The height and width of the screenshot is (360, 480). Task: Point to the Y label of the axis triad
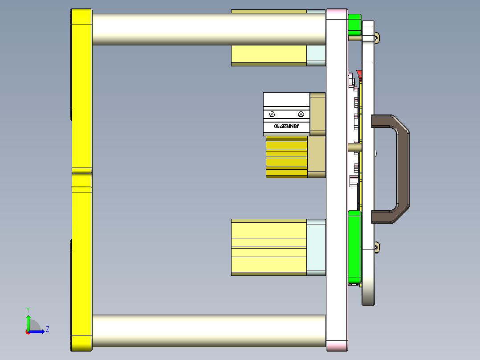[x=28, y=309]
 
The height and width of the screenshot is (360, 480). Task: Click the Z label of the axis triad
[x=47, y=329]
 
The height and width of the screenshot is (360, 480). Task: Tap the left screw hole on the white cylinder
[x=272, y=114]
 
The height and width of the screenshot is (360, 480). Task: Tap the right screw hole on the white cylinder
[x=301, y=114]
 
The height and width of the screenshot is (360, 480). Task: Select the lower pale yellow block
[x=269, y=247]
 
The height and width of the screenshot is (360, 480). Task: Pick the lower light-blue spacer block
[x=316, y=247]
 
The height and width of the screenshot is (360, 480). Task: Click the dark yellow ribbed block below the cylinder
[x=287, y=157]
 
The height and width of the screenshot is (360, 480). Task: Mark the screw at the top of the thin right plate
[x=377, y=38]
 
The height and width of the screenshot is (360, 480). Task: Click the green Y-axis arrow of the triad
[x=28, y=322]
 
